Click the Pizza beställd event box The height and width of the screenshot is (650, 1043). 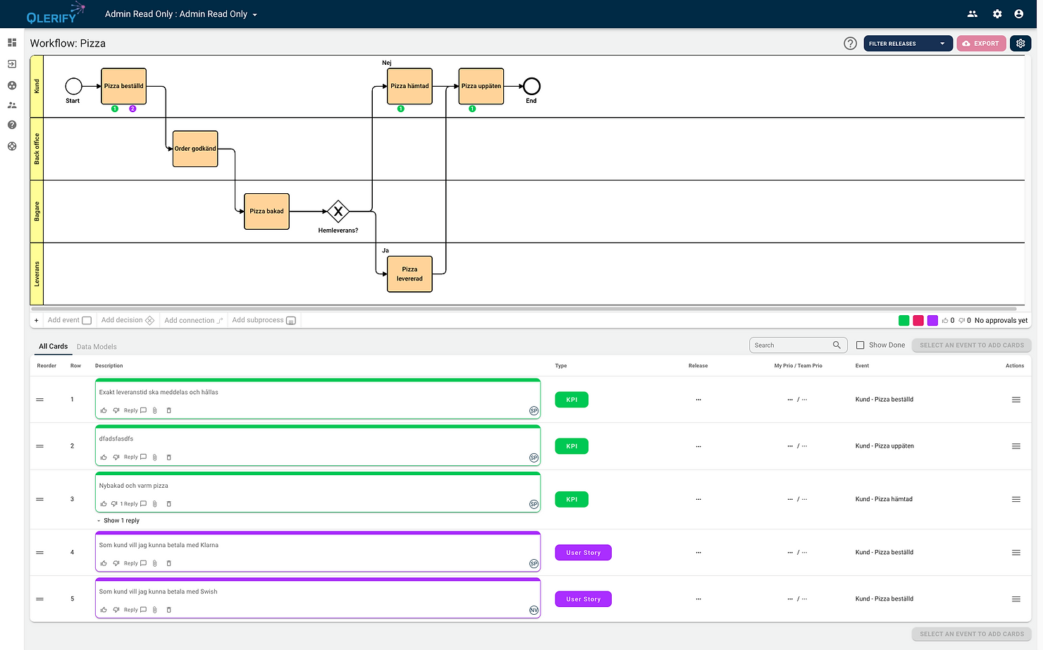point(123,86)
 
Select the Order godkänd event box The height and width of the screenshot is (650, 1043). point(195,149)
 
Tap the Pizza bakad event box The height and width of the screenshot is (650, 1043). point(266,211)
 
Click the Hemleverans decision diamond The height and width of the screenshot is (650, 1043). point(338,211)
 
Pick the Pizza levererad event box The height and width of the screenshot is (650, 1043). point(409,274)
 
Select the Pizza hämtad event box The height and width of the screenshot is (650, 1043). point(409,86)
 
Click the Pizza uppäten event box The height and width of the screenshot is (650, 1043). point(481,86)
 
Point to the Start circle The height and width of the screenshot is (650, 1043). point(73,86)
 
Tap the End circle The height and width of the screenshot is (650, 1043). point(531,86)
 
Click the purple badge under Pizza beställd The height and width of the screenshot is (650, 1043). point(132,109)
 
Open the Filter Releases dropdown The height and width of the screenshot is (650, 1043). point(908,44)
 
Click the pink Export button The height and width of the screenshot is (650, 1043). point(981,44)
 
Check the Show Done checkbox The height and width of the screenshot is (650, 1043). point(860,345)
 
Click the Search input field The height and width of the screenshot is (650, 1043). point(791,345)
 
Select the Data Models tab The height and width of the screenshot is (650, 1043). point(97,347)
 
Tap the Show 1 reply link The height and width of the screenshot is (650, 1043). point(121,521)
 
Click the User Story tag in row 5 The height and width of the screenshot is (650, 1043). point(583,599)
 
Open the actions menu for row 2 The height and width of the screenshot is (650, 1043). point(1016,446)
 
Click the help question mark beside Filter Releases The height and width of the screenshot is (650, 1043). point(850,44)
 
